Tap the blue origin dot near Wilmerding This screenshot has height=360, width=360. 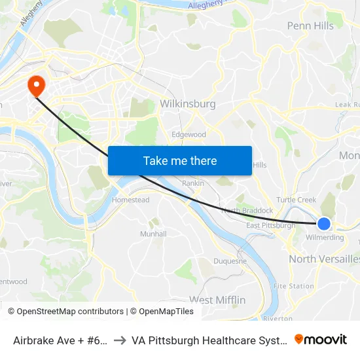(323, 224)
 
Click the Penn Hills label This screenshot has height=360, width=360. (310, 26)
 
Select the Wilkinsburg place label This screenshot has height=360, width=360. (188, 103)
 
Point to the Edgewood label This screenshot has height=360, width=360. (189, 134)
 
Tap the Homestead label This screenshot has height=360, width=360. (131, 200)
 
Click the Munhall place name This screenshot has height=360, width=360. (153, 234)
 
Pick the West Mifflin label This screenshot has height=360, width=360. (217, 300)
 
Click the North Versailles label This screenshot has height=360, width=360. (324, 259)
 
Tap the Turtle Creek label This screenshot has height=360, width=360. (296, 200)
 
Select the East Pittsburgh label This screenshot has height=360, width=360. (270, 226)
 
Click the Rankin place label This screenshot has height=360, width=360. (192, 183)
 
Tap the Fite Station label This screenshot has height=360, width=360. (293, 286)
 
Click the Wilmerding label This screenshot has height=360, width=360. (325, 238)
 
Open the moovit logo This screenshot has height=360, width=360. (321, 340)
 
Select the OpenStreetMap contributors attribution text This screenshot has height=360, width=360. (65, 312)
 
